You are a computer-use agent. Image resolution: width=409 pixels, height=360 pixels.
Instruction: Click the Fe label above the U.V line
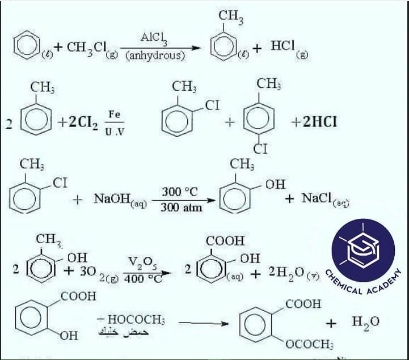pyautogui.click(x=115, y=114)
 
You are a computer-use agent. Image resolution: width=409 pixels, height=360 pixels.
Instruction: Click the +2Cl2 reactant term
pyautogui.click(x=80, y=123)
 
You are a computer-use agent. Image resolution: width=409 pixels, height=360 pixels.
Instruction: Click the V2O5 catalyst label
pyautogui.click(x=141, y=261)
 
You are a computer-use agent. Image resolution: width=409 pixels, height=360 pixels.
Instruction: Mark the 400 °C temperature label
pyautogui.click(x=140, y=279)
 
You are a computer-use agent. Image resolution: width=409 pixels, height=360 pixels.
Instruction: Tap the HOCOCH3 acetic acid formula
pyautogui.click(x=131, y=320)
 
